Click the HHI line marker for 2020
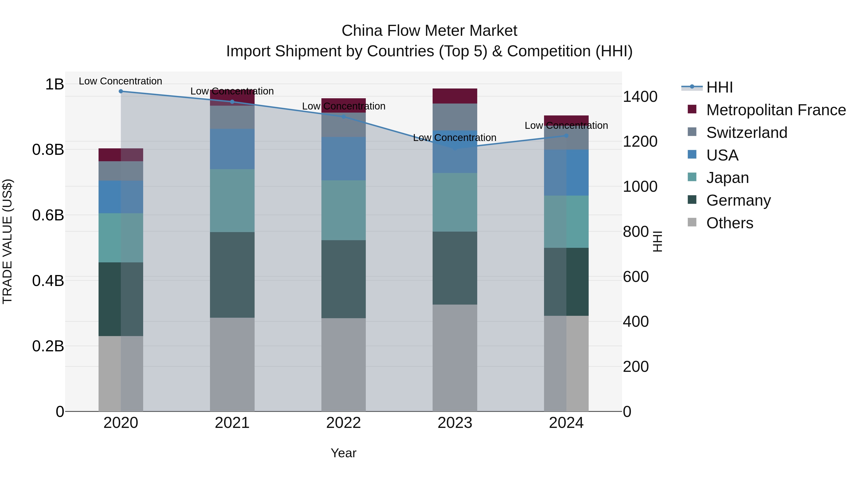click(121, 91)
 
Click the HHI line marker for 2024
click(566, 136)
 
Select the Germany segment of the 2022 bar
click(343, 279)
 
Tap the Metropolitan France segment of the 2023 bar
click(455, 96)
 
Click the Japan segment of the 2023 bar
click(455, 202)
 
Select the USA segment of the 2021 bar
click(232, 149)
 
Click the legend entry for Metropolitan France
click(776, 110)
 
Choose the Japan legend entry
click(727, 178)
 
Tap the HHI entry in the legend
click(719, 87)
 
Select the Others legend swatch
click(692, 222)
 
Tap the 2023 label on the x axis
click(455, 423)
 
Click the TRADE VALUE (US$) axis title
click(8, 241)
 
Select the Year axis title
click(343, 453)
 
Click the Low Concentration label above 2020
click(120, 81)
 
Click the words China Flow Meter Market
click(429, 31)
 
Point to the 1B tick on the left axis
click(54, 84)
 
